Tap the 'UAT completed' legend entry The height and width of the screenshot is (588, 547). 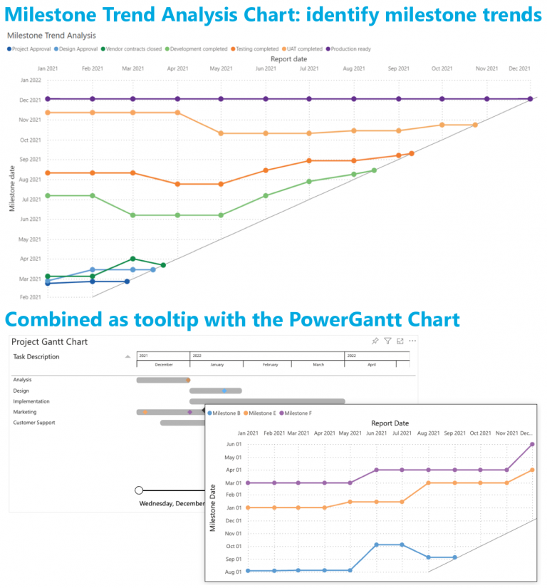click(x=305, y=49)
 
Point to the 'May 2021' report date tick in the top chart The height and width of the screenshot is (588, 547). click(x=221, y=68)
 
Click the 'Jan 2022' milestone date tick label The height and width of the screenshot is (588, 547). click(x=31, y=80)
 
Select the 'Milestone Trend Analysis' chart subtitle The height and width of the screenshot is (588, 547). click(x=51, y=35)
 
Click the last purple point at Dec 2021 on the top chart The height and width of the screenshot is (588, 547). click(x=530, y=99)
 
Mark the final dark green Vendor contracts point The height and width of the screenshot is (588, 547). click(x=164, y=265)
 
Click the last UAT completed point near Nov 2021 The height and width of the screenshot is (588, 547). click(x=475, y=125)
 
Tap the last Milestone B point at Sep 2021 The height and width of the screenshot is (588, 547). click(x=454, y=557)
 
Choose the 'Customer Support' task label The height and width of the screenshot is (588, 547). click(x=34, y=423)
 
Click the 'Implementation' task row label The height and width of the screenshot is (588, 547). click(x=32, y=401)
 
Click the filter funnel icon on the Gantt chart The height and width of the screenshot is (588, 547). click(x=387, y=341)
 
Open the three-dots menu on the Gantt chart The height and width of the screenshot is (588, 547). click(x=412, y=341)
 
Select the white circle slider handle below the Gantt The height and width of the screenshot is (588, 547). click(x=139, y=490)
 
